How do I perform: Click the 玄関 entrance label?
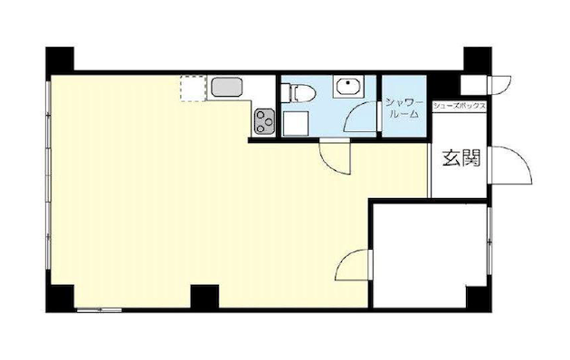point(461,158)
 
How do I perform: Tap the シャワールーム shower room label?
point(404,109)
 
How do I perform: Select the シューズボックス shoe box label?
point(459,106)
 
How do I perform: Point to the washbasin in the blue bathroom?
point(348,86)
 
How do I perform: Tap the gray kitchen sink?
point(226,87)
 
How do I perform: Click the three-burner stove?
point(264,122)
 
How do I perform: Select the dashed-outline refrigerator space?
point(194,89)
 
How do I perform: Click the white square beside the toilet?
point(296,124)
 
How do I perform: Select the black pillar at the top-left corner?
point(60,59)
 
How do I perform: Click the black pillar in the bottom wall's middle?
point(204,297)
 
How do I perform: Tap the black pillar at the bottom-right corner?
point(479,298)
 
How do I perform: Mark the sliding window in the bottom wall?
point(100,310)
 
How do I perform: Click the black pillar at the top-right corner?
point(478,59)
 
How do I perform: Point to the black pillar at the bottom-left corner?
point(60,298)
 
